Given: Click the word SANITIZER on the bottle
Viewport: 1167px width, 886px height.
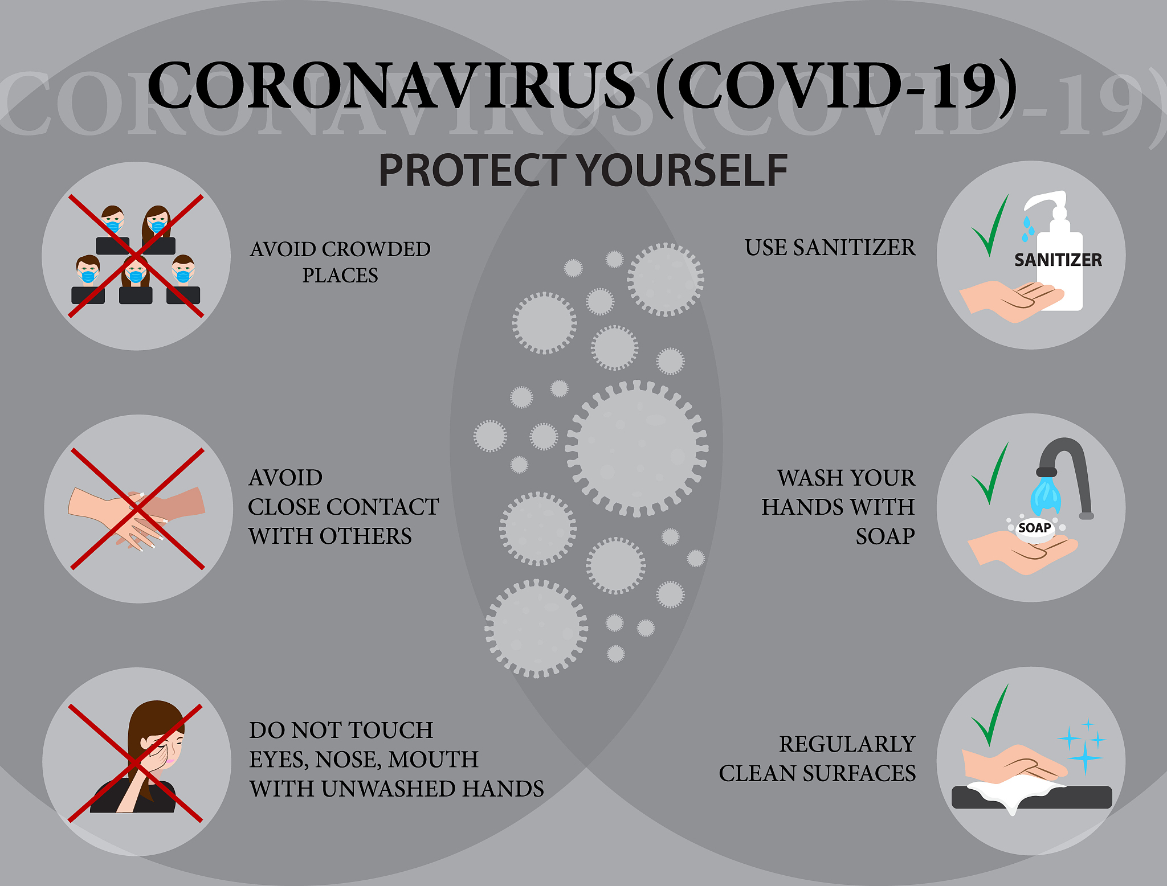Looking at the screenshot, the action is (x=1058, y=260).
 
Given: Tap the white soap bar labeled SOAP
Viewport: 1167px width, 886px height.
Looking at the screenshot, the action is (x=1034, y=529).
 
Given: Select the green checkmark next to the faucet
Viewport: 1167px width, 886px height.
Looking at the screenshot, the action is (x=990, y=473).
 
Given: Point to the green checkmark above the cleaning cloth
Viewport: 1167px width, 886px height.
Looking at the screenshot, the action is (x=990, y=715).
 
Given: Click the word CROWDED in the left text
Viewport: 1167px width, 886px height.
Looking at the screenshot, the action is (x=376, y=249).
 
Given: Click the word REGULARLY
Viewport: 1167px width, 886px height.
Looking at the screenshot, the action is (x=847, y=744).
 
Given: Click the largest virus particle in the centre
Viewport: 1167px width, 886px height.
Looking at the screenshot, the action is (x=636, y=449).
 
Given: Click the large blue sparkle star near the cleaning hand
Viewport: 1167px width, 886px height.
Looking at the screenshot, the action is (x=1085, y=757).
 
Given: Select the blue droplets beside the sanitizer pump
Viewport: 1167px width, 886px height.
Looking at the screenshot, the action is (x=1027, y=228).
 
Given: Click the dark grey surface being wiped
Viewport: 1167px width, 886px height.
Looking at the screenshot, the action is (x=1031, y=797).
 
